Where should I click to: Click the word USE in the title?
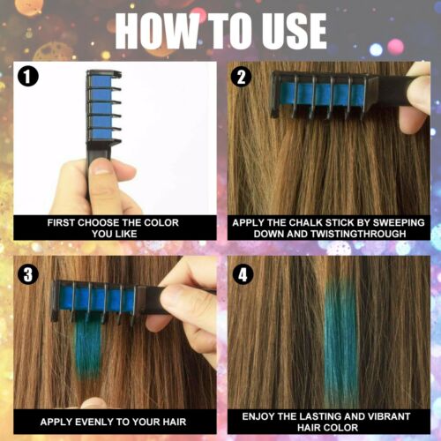coord(288,31)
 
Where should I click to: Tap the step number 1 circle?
coord(30,78)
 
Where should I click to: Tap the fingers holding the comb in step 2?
coord(412,97)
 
